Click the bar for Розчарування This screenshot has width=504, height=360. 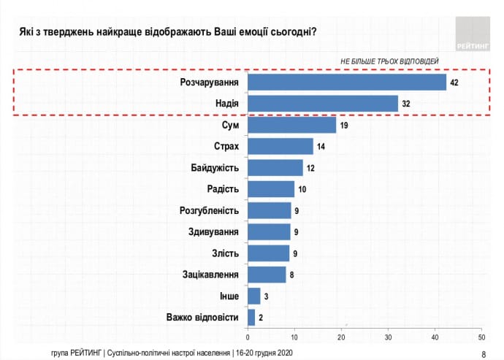coord(347,82)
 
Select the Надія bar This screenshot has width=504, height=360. coord(323,104)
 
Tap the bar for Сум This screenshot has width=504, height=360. coord(292,125)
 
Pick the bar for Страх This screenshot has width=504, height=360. coord(280,146)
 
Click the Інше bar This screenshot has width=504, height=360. coord(254,296)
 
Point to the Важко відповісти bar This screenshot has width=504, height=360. coord(252,317)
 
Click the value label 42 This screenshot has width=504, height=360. coord(454,83)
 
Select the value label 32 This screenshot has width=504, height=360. coord(406,104)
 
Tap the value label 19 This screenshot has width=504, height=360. coord(345,126)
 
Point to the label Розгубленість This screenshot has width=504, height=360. coord(210,211)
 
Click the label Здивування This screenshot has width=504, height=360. coord(214,232)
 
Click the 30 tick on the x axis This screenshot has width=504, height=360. coord(388,337)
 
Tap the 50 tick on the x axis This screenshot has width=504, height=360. coord(481,337)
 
